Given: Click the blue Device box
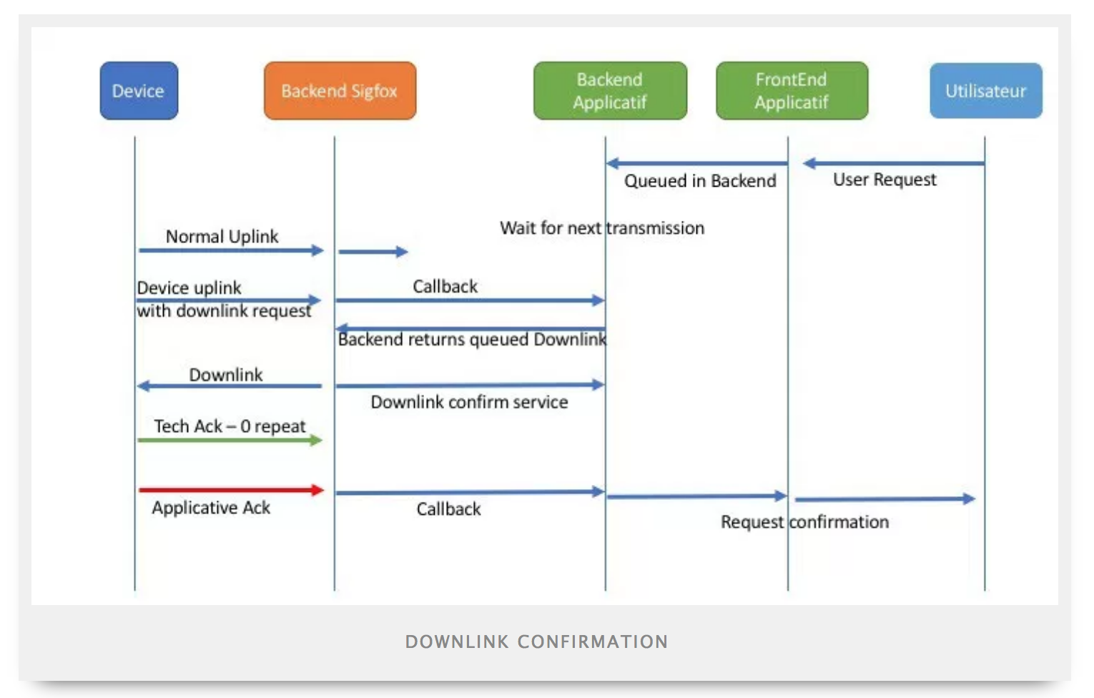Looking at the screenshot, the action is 139,91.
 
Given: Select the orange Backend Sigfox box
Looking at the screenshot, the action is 340,91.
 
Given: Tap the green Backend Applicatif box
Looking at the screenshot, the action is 610,91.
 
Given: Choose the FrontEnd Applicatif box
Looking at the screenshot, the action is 792,91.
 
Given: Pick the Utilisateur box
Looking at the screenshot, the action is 985,91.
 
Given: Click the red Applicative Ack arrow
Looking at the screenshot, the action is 232,490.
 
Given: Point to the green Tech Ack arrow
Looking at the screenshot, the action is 230,441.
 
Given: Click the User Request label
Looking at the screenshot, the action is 884,180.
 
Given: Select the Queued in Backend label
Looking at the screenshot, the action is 700,181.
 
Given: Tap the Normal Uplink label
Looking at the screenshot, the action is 222,237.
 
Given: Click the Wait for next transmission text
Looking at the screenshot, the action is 602,228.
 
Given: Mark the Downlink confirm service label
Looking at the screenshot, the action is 469,403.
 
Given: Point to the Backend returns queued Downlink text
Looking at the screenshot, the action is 472,340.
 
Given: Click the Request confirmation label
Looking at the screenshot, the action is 805,522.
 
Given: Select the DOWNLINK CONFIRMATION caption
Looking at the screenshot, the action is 537,642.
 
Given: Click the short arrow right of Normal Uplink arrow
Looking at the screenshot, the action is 373,252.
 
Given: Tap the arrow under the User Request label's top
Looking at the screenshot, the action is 894,164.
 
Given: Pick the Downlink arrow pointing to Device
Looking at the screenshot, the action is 230,386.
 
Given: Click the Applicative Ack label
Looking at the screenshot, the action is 211,508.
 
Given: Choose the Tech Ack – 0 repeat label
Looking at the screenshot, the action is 230,426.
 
